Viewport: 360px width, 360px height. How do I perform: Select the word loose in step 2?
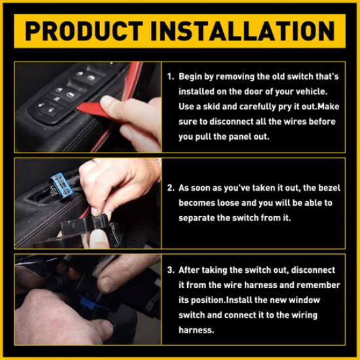(233, 203)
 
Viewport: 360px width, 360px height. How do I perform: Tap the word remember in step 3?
(318, 285)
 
